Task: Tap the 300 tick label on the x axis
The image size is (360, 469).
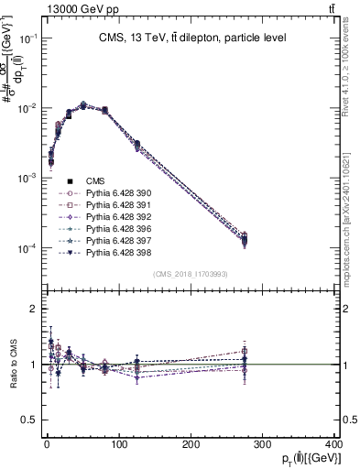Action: click(265, 444)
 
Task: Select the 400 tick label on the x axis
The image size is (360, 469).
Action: click(335, 444)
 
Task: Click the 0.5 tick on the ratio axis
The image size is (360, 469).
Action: click(30, 420)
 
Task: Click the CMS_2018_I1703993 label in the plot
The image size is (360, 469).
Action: click(190, 274)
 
